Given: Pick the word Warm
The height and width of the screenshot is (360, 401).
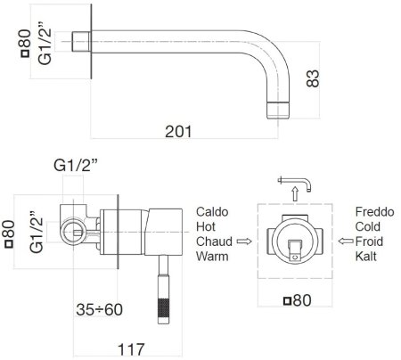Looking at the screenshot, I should pyautogui.click(x=212, y=257).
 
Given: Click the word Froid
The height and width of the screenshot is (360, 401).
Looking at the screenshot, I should pyautogui.click(x=370, y=241).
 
